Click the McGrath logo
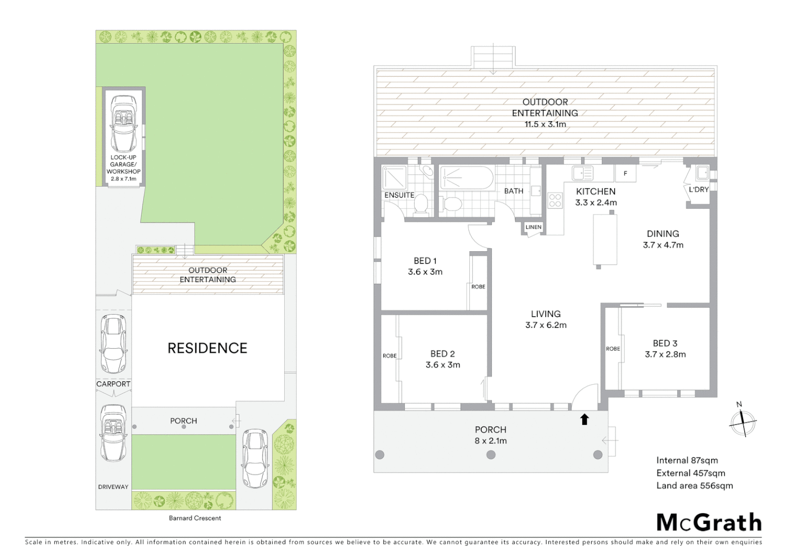[x=709, y=522]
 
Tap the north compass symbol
[x=743, y=422]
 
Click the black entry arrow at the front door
[x=584, y=419]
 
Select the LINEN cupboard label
[x=533, y=227]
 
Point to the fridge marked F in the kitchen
[x=626, y=173]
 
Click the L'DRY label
[x=699, y=189]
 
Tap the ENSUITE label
[x=399, y=195]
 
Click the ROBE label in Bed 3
[x=613, y=349]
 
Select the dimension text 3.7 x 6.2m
[x=546, y=325]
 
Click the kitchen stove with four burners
[x=555, y=200]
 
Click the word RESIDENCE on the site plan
[x=207, y=348]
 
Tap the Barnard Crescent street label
[x=195, y=518]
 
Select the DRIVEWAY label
[x=113, y=487]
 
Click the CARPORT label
[x=113, y=384]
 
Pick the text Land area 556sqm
[x=694, y=485]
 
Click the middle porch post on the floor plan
[x=491, y=454]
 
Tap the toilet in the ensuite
[x=421, y=204]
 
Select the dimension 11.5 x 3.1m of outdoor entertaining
[x=545, y=124]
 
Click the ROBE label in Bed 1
[x=478, y=287]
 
